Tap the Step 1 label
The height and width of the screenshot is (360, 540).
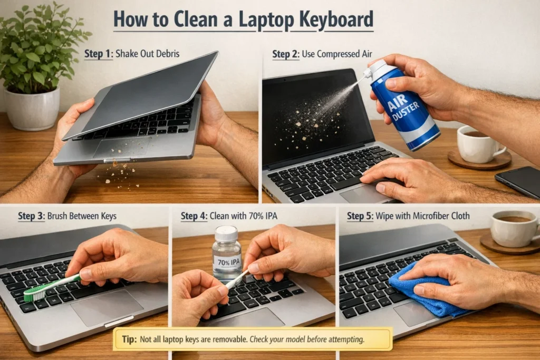[98, 54]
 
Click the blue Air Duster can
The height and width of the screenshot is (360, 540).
[407, 109]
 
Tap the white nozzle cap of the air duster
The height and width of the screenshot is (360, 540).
[378, 67]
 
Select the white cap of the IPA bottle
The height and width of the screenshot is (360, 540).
[226, 233]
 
